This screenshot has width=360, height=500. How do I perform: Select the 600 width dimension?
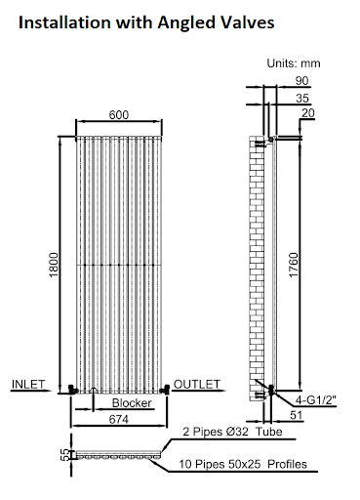coord(119,114)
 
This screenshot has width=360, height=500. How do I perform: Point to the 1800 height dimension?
coord(55,264)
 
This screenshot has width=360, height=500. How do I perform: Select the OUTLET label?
coord(199,383)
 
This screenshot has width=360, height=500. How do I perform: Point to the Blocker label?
coord(130,402)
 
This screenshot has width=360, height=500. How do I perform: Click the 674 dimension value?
coord(118,419)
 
